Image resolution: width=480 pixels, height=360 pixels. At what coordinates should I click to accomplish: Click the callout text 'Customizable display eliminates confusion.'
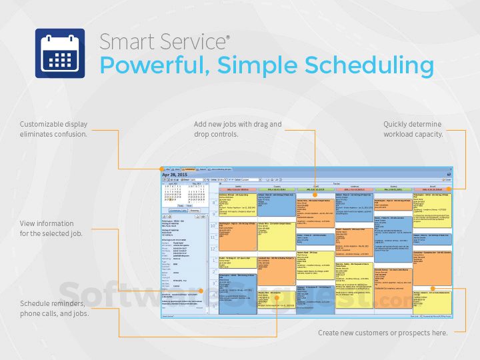pos(53,129)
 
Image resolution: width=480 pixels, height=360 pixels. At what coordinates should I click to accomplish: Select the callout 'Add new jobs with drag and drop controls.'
pos(237,129)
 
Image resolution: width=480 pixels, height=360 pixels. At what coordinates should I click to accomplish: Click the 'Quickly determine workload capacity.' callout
pos(413,129)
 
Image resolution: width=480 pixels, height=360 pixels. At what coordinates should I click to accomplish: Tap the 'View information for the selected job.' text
pos(47,229)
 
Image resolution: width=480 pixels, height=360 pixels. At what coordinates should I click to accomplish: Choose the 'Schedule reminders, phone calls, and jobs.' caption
pos(54,308)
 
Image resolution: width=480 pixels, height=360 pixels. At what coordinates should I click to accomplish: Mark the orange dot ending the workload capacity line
pos(448,189)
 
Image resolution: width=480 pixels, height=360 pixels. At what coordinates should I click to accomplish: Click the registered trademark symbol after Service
pos(227,37)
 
